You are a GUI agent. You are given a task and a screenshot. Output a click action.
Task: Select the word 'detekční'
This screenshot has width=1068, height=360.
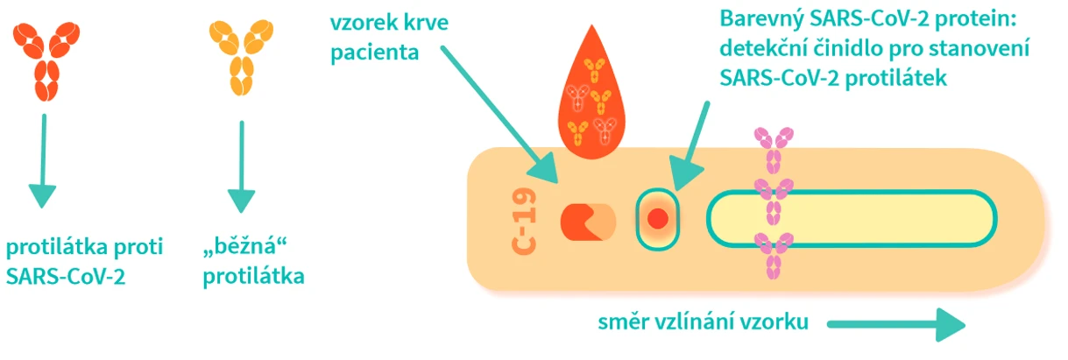point(762,47)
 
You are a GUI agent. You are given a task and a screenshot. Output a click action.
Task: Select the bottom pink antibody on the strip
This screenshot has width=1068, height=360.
point(774,253)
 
